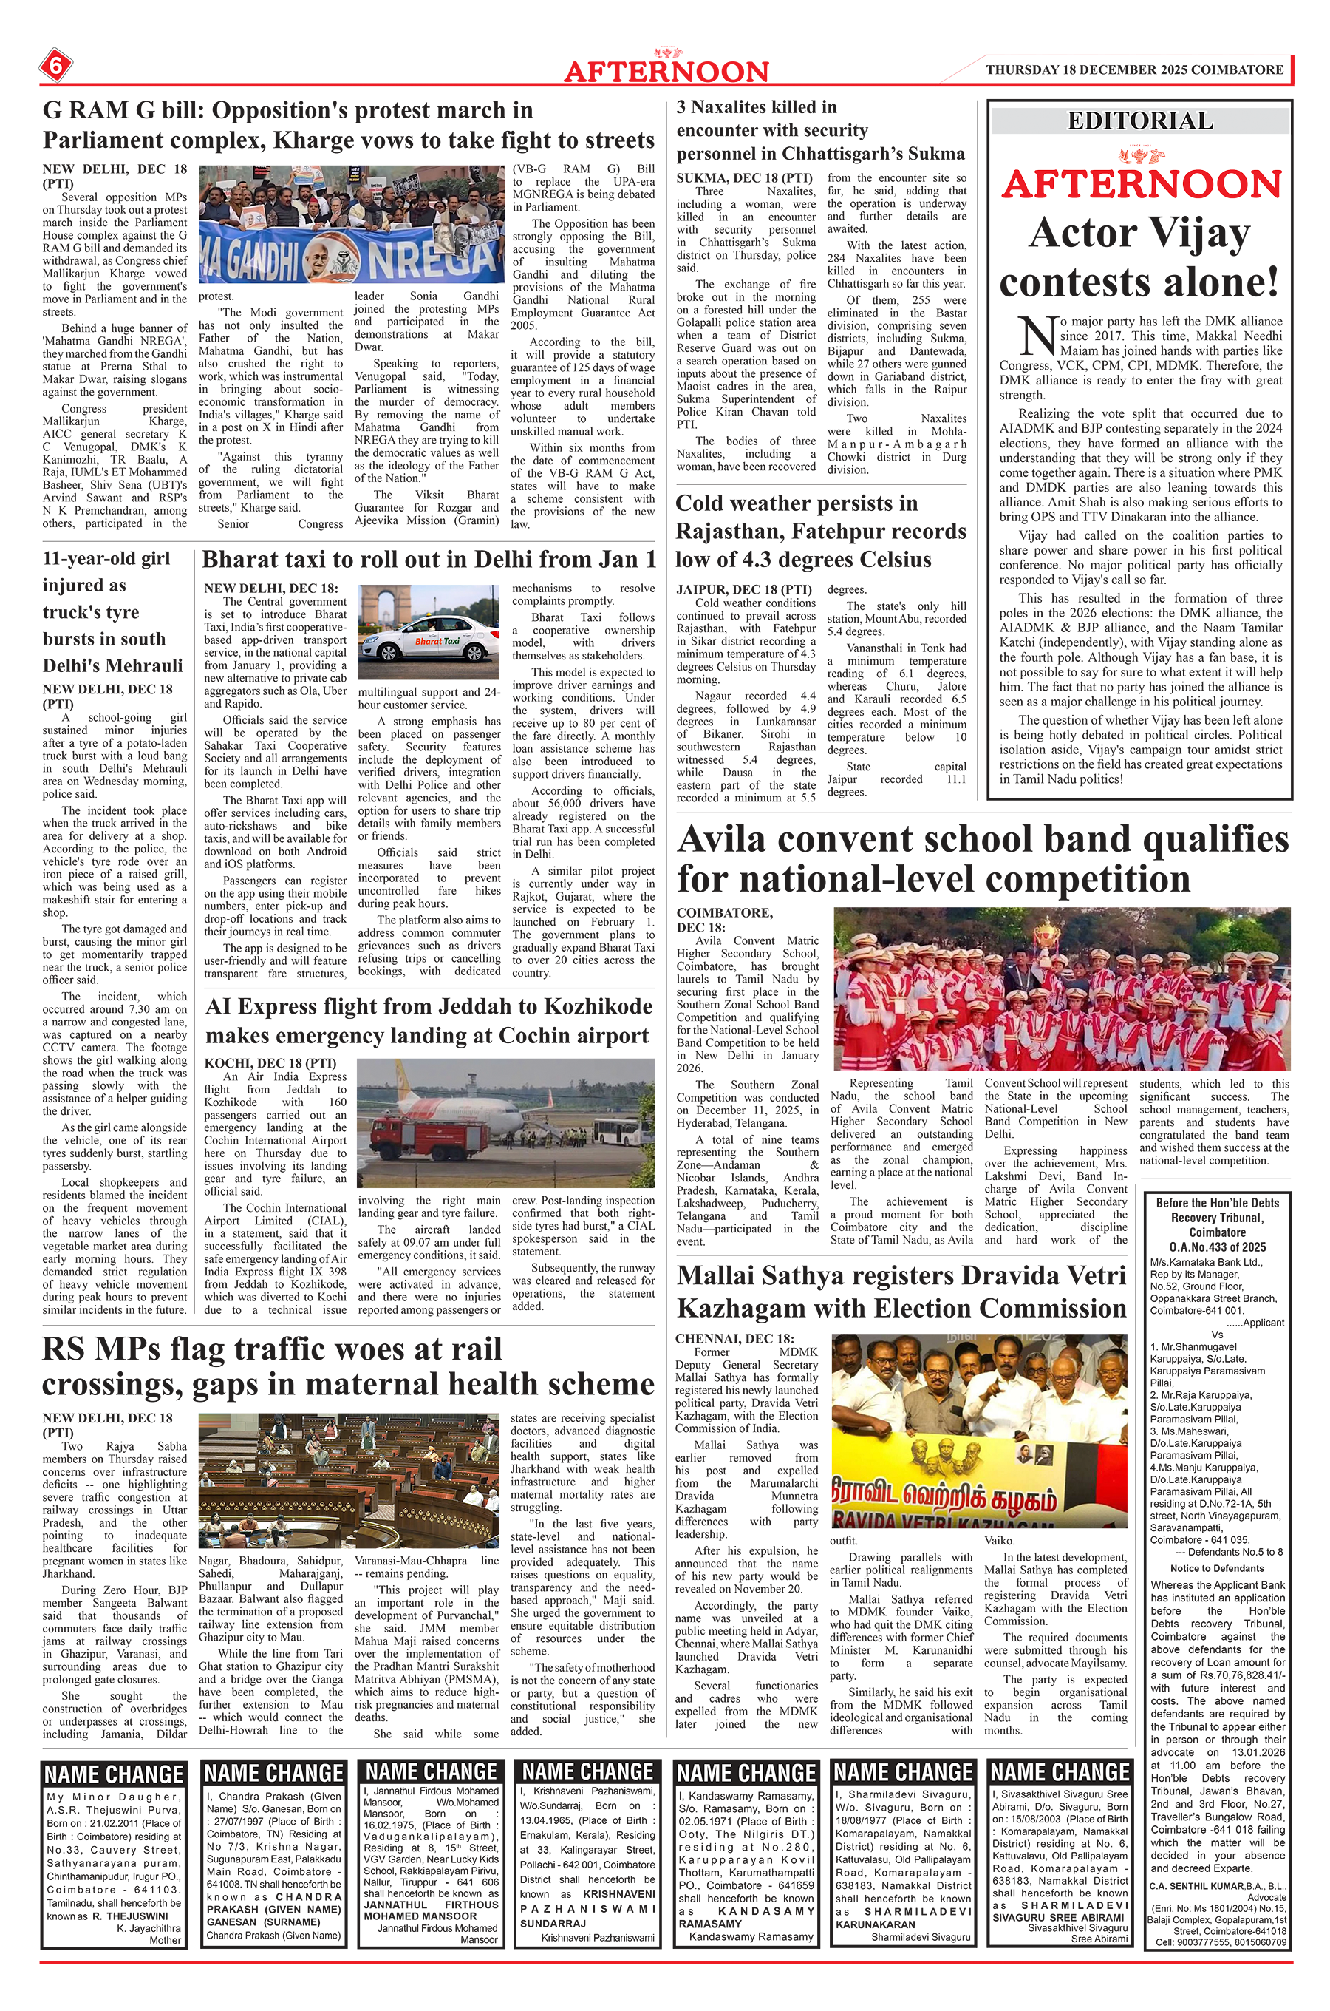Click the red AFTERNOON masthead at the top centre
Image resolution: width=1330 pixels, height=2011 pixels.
[x=666, y=71]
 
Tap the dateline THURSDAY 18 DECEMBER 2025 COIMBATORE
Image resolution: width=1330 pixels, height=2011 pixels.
[x=1134, y=69]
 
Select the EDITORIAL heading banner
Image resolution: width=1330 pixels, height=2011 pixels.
[x=1140, y=121]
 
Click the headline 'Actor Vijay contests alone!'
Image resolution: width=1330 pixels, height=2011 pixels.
[x=1140, y=257]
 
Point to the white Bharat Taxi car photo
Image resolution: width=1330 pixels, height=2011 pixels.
[x=428, y=632]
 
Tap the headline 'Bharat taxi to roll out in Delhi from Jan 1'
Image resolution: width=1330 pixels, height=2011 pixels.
[x=429, y=560]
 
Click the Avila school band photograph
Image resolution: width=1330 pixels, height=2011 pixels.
[x=1061, y=988]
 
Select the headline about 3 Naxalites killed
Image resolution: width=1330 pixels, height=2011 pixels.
[x=820, y=131]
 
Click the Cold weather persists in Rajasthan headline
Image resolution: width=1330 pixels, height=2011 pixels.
[x=820, y=531]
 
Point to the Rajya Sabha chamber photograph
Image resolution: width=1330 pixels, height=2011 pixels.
[x=349, y=1481]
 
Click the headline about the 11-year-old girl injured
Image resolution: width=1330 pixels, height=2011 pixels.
[x=114, y=611]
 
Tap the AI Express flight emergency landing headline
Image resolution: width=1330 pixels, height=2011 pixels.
[x=429, y=1021]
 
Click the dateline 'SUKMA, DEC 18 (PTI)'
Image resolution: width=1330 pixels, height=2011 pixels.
[x=744, y=178]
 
